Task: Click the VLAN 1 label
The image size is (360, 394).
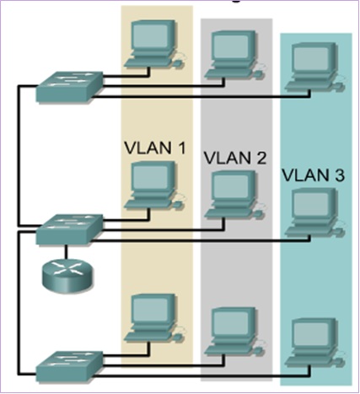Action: pyautogui.click(x=155, y=148)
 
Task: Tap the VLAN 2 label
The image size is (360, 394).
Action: pyautogui.click(x=235, y=158)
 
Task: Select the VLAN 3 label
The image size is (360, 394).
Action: pyautogui.click(x=313, y=175)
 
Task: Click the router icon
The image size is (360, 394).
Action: pyautogui.click(x=67, y=276)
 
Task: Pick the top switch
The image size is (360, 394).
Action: pyautogui.click(x=69, y=86)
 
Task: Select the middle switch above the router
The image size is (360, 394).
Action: pyautogui.click(x=69, y=229)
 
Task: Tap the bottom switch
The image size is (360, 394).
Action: pyautogui.click(x=69, y=365)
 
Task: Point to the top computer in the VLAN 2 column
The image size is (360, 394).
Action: pyautogui.click(x=234, y=55)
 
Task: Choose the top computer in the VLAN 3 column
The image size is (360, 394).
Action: pyautogui.click(x=314, y=67)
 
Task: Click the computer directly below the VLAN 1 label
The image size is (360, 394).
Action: pyautogui.click(x=154, y=186)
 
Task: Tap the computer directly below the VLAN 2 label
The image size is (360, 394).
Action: pyautogui.click(x=234, y=195)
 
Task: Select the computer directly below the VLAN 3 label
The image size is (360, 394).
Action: pyautogui.click(x=314, y=213)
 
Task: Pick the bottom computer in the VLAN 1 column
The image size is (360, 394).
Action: pyautogui.click(x=154, y=319)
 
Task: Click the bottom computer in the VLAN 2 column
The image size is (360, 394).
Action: pyautogui.click(x=234, y=332)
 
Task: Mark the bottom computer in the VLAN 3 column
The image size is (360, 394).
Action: pyautogui.click(x=314, y=343)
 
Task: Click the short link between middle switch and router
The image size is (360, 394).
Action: pyautogui.click(x=66, y=252)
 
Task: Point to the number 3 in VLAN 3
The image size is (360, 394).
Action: pyautogui.click(x=339, y=175)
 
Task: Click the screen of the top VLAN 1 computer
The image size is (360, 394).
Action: pyautogui.click(x=152, y=36)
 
